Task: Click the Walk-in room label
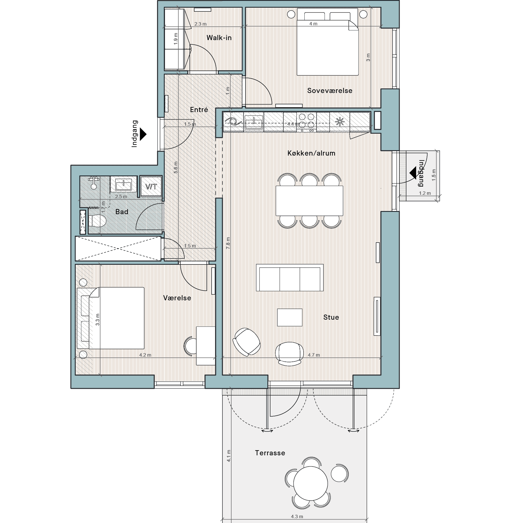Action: coord(219,38)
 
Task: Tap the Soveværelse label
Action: coord(330,90)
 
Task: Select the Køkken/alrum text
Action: coord(311,153)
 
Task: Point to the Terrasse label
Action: coord(270,453)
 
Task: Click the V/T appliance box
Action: coord(151,186)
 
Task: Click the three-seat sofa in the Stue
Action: coord(290,278)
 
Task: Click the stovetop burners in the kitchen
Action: coord(307,122)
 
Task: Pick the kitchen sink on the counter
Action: coord(253,122)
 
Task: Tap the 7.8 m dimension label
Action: coord(228,243)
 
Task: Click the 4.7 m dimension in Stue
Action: coord(314,355)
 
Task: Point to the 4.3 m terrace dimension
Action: coord(297,516)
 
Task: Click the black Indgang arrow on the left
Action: coord(143,134)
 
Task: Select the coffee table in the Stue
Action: coord(290,317)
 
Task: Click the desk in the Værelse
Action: coord(206,346)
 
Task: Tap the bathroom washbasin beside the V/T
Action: coord(123,185)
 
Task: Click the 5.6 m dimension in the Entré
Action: coord(176,168)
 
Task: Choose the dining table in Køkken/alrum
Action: coord(309,200)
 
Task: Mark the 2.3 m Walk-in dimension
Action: coord(200,24)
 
